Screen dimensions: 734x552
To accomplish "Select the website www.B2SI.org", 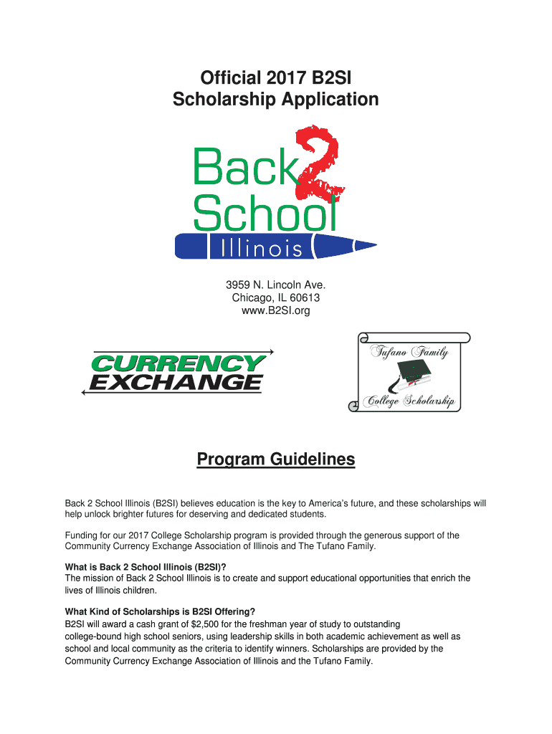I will [275, 310].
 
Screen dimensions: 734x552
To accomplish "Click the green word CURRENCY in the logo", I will [179, 363].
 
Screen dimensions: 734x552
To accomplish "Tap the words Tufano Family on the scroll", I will [409, 352].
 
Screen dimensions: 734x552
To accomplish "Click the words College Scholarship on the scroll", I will [409, 401].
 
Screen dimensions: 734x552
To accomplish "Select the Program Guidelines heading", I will [276, 459].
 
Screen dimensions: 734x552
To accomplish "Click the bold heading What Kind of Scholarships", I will [160, 611].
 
